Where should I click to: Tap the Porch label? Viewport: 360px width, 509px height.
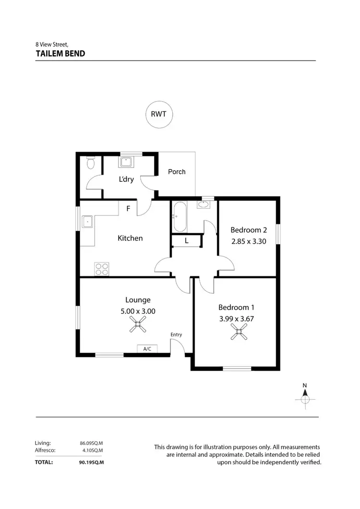pyautogui.click(x=177, y=172)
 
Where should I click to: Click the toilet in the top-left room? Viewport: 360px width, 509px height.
pyautogui.click(x=90, y=164)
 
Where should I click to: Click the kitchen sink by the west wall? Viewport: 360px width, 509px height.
pyautogui.click(x=88, y=222)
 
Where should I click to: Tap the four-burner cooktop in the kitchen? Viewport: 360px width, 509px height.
pyautogui.click(x=102, y=269)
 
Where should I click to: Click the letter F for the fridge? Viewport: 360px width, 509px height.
pyautogui.click(x=128, y=209)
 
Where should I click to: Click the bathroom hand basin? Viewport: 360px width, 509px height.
pyautogui.click(x=204, y=205)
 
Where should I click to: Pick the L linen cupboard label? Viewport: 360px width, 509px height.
pyautogui.click(x=186, y=241)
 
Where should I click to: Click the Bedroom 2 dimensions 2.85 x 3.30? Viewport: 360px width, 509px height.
pyautogui.click(x=248, y=241)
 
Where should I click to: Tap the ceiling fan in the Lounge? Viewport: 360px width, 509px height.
pyautogui.click(x=138, y=326)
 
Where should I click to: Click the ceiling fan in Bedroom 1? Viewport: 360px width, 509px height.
pyautogui.click(x=239, y=331)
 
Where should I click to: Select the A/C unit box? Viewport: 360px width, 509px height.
pyautogui.click(x=147, y=349)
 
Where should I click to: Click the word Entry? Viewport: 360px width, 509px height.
pyautogui.click(x=176, y=335)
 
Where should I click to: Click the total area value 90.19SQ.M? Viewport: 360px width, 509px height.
pyautogui.click(x=92, y=462)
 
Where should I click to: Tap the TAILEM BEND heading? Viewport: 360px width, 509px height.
pyautogui.click(x=60, y=54)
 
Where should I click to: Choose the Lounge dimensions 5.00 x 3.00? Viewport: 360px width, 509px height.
pyautogui.click(x=138, y=311)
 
